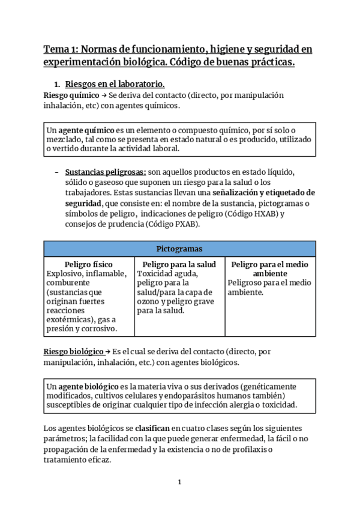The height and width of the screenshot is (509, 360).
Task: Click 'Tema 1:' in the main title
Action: (61, 49)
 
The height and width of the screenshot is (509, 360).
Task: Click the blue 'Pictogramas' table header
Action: (179, 248)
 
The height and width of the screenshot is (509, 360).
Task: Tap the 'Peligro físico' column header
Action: (88, 264)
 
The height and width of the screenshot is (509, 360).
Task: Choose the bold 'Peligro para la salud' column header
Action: (179, 264)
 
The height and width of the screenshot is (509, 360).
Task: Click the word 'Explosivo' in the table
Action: (64, 274)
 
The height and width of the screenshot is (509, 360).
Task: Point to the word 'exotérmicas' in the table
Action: (70, 318)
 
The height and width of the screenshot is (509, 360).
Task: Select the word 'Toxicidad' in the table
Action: (155, 274)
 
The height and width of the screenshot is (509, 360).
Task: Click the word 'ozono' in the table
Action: (149, 301)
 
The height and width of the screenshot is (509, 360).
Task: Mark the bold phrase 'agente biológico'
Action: (88, 386)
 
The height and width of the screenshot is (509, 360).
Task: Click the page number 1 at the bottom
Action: (179, 482)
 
